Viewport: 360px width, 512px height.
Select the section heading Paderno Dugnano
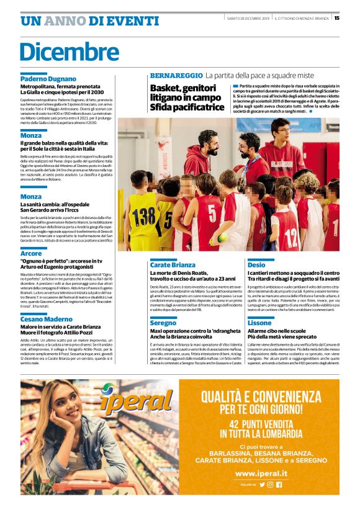48,79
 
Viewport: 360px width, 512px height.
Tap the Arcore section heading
32,253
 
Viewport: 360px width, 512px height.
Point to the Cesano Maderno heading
47,319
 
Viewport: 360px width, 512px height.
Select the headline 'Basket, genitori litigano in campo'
187,93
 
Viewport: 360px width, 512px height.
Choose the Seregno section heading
163,323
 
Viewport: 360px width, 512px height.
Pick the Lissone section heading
259,323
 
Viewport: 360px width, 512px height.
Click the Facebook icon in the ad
279,484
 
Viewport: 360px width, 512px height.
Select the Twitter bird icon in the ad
262,484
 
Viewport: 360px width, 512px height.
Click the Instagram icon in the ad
271,484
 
